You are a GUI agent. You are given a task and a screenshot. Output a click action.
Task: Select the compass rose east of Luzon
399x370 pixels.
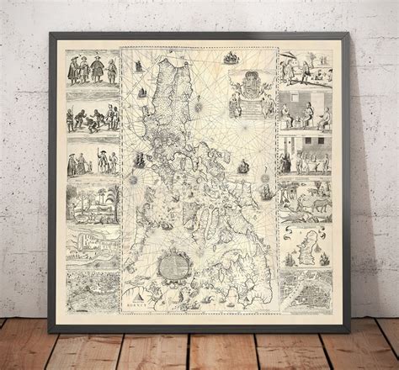pos(199,108)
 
